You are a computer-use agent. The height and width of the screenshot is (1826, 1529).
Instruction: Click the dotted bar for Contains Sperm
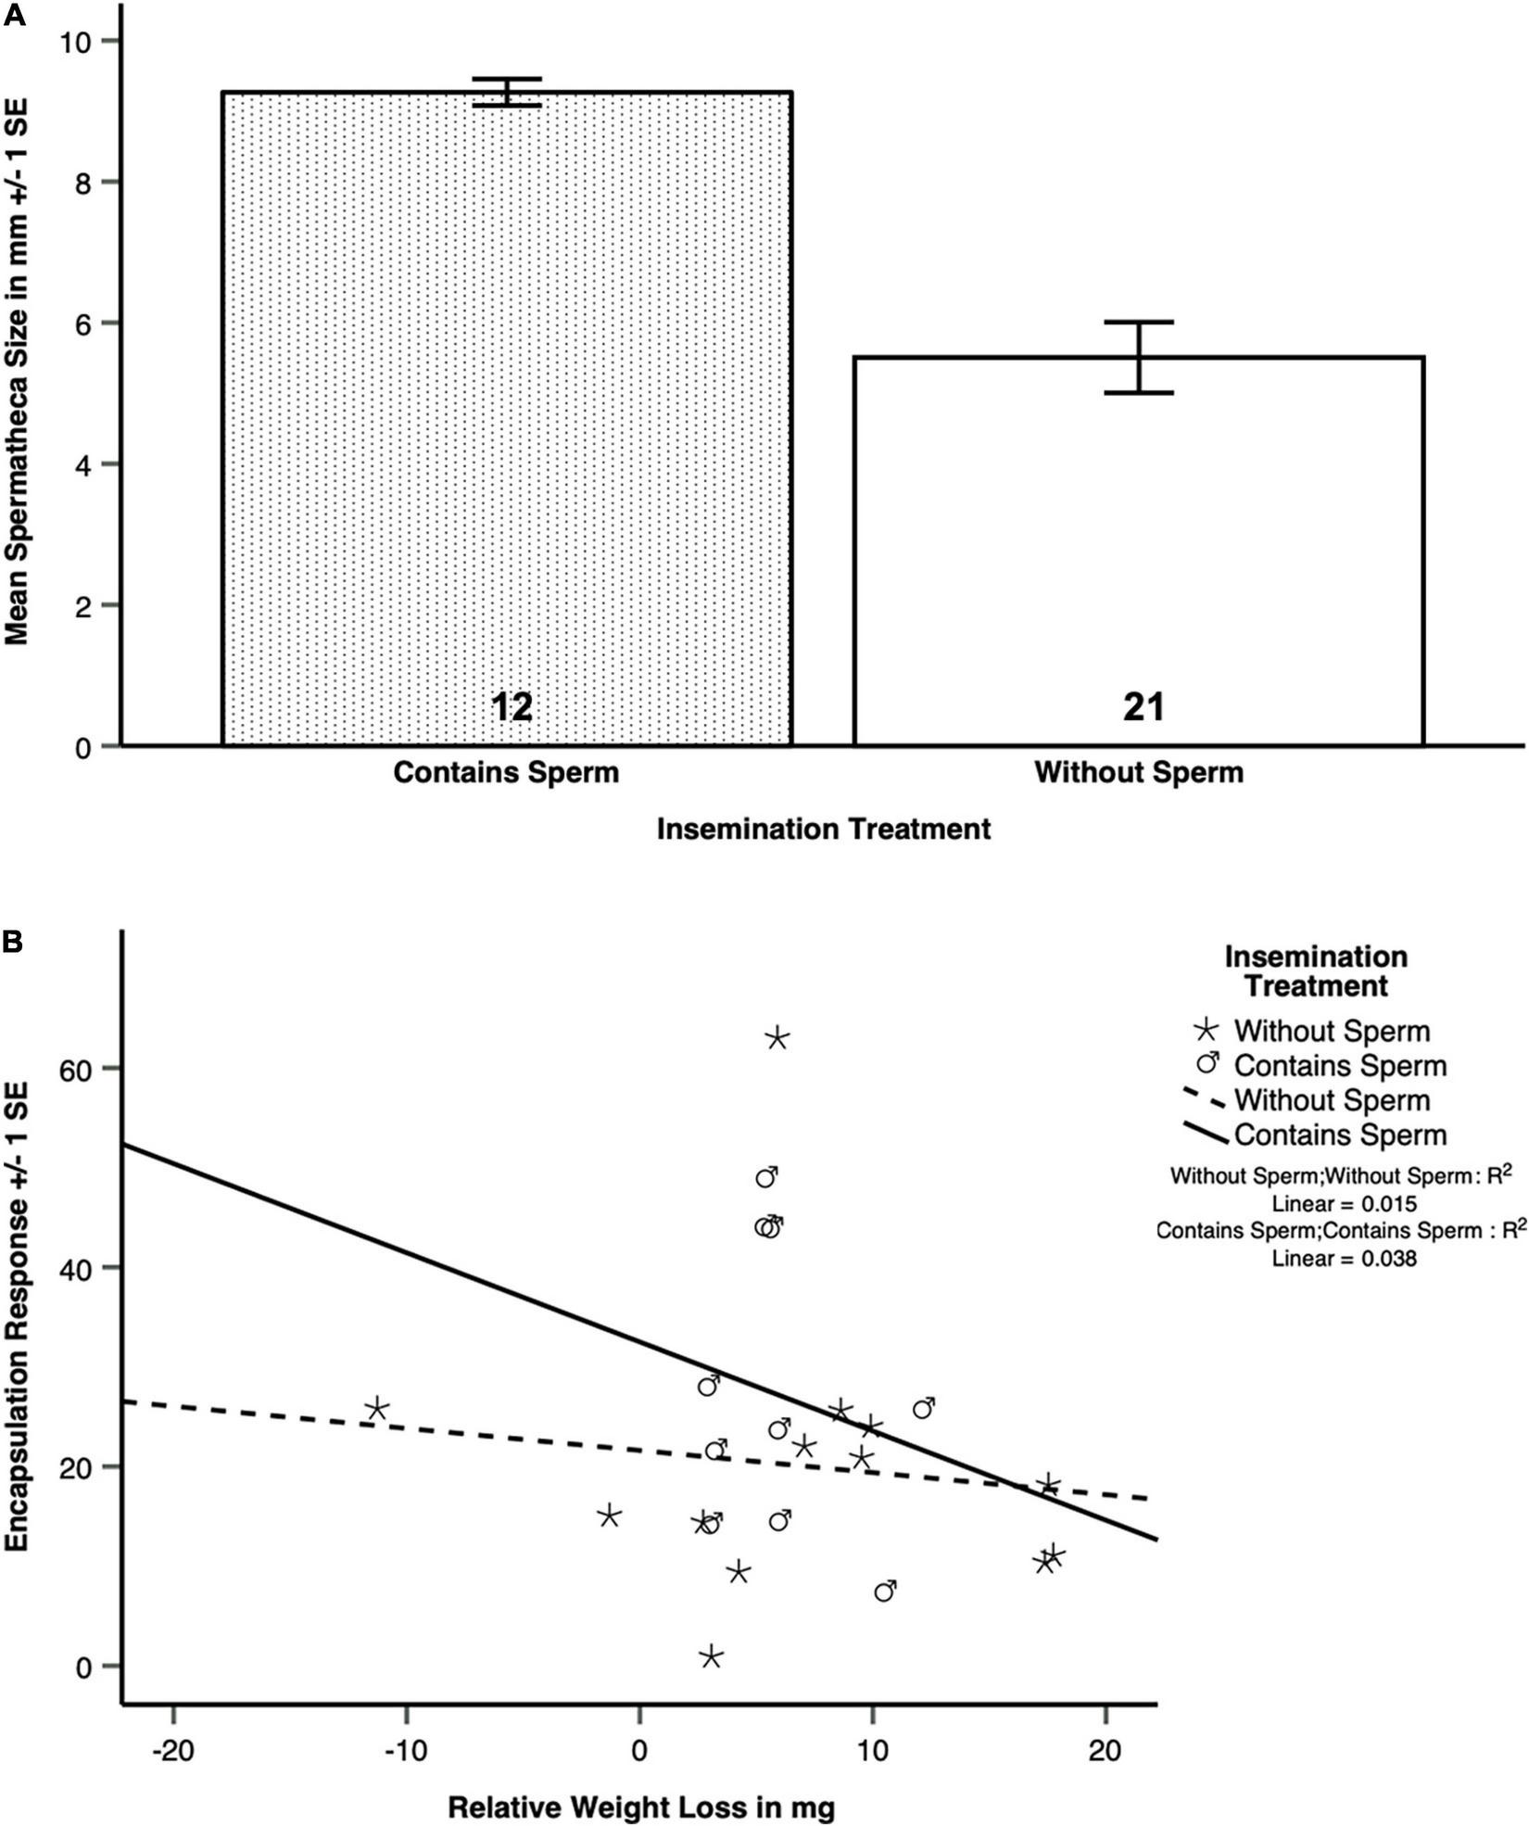click(x=506, y=417)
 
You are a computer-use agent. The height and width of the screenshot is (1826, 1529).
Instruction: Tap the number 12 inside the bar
click(x=512, y=708)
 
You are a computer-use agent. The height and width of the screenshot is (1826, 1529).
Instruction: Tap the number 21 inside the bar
click(x=1144, y=708)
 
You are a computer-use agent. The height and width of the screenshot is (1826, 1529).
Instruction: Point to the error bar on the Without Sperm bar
click(x=1140, y=358)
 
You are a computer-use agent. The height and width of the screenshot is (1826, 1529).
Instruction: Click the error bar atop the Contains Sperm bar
click(x=507, y=92)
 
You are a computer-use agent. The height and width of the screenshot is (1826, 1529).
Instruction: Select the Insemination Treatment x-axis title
click(x=823, y=829)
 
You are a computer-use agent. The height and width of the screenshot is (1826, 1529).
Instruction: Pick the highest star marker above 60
click(x=777, y=1038)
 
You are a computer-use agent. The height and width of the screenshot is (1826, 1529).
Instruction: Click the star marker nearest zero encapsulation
click(x=711, y=1656)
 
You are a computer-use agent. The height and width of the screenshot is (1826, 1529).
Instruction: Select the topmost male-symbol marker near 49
click(x=765, y=1177)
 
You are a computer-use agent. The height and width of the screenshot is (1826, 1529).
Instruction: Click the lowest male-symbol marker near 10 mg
click(x=885, y=1591)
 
